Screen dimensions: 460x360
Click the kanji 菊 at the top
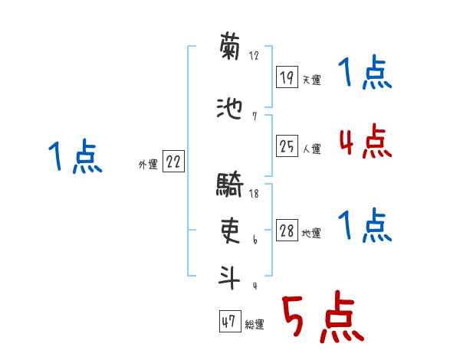pos(230,48)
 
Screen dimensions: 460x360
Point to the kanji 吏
pos(230,231)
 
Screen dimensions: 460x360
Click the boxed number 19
pos(287,77)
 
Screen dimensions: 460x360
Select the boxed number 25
pos(287,146)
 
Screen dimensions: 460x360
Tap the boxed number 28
pos(287,231)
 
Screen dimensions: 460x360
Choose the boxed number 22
pos(172,162)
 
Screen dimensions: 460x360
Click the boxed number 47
pos(228,322)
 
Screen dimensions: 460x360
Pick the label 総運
pos(255,325)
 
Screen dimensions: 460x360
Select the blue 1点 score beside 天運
pos(364,74)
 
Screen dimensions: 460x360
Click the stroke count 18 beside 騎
pos(254,195)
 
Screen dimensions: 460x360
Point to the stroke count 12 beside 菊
pos(254,55)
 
